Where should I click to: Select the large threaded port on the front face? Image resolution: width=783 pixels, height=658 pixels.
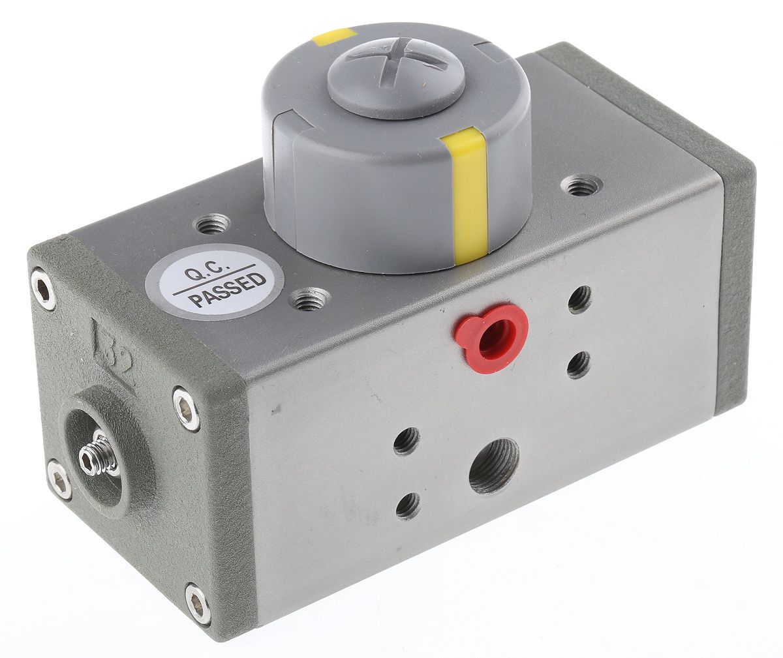tap(494, 464)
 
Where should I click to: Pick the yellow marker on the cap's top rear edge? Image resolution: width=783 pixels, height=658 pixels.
tap(334, 37)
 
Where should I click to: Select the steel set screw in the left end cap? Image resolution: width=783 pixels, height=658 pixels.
tap(98, 455)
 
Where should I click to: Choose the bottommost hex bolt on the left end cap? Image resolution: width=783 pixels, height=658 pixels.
tap(198, 604)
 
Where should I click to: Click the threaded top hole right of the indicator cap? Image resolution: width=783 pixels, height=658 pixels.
tap(581, 187)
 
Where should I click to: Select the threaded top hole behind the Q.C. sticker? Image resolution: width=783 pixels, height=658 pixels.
tap(213, 225)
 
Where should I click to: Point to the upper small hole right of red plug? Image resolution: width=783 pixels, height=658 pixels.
tap(579, 299)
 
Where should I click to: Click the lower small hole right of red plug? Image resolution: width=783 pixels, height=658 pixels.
tap(578, 365)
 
